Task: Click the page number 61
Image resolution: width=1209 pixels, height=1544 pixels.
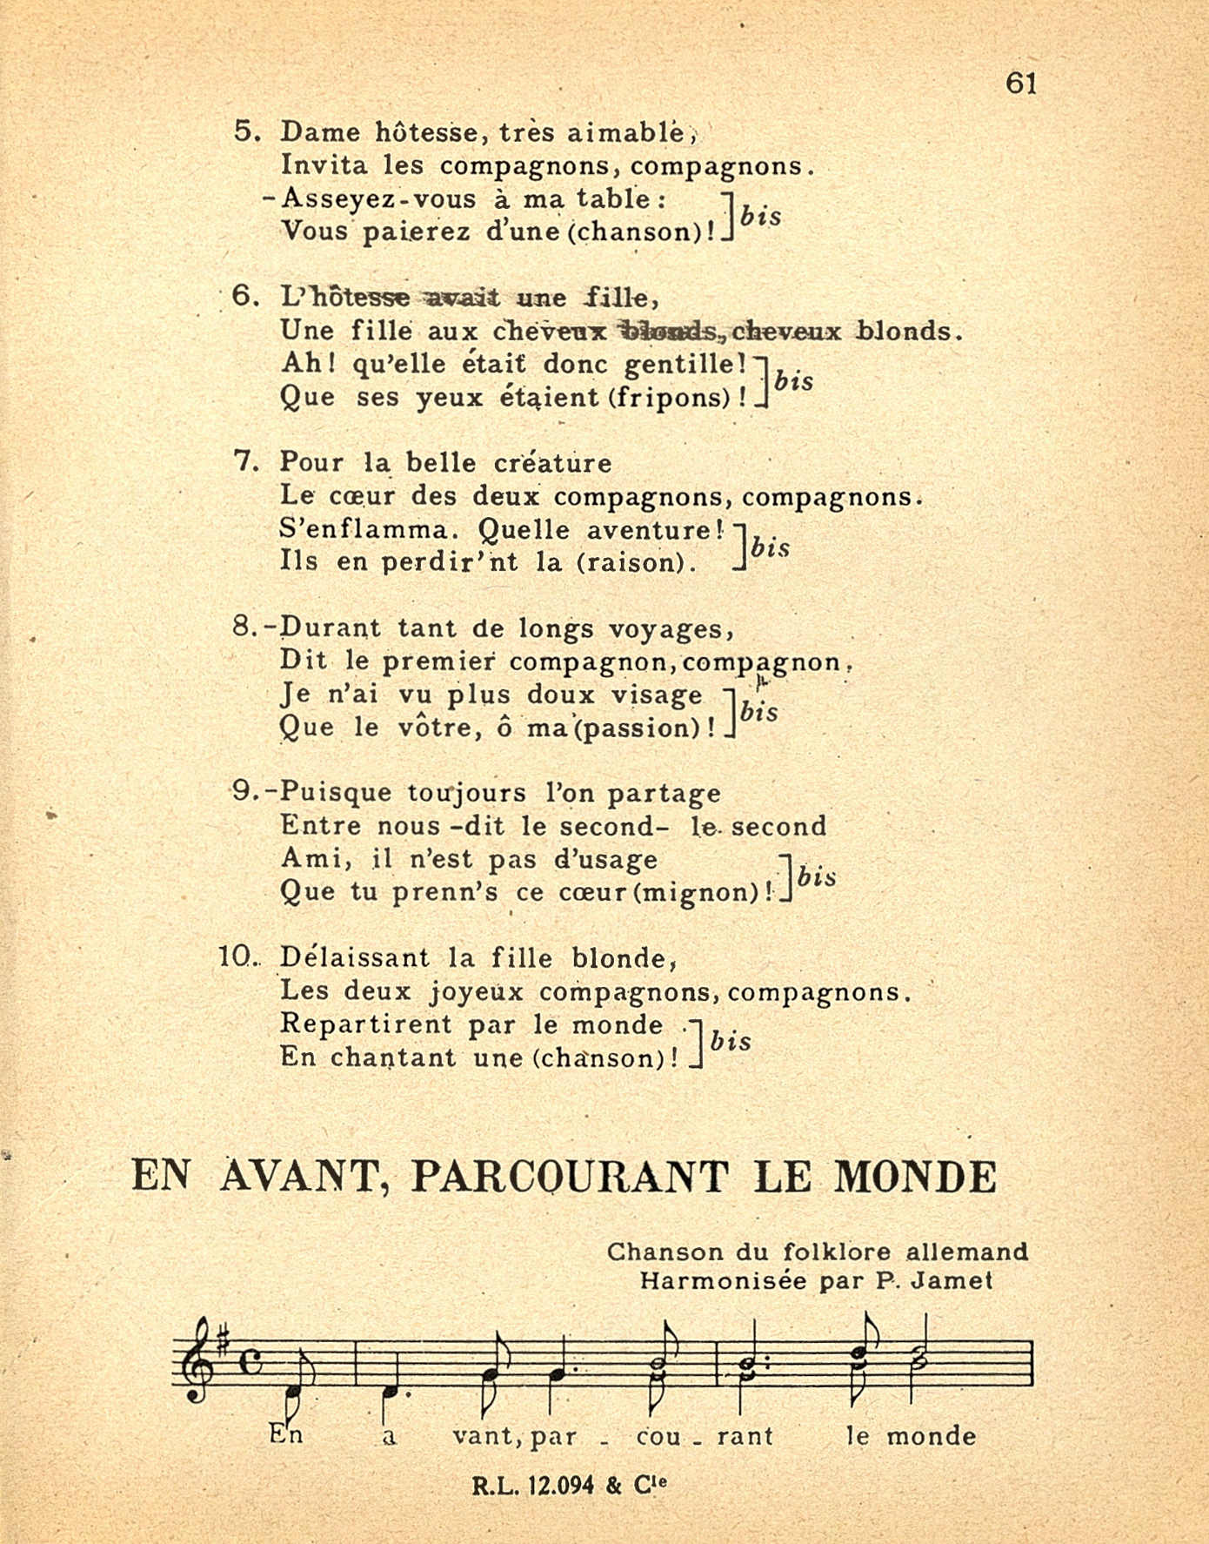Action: (x=1021, y=84)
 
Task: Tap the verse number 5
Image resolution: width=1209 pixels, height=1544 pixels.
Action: (x=246, y=131)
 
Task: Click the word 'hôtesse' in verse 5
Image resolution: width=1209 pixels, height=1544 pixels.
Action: (x=426, y=132)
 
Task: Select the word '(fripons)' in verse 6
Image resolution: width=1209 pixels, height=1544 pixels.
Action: (x=669, y=398)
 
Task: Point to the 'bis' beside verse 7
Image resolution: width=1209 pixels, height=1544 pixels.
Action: (x=771, y=547)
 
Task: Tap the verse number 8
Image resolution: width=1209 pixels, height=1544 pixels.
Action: (x=244, y=628)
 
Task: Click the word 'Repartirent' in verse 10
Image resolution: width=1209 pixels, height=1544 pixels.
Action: (x=365, y=1024)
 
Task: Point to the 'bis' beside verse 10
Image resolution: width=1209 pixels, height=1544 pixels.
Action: (x=731, y=1041)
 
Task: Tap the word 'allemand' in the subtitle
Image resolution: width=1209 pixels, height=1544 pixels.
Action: (x=966, y=1252)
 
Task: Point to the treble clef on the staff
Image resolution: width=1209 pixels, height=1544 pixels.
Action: (x=197, y=1359)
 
